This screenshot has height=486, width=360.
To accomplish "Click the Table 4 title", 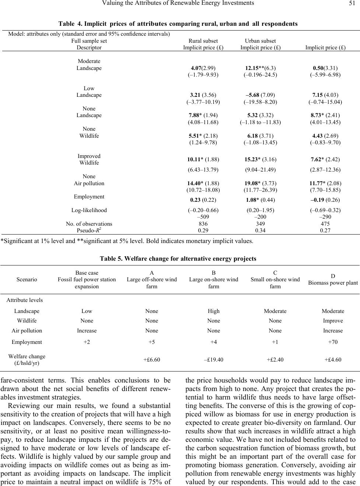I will pos(178,24).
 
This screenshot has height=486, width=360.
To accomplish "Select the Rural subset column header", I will pos(203,41).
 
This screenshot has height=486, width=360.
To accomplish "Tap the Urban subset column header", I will pos(260,41).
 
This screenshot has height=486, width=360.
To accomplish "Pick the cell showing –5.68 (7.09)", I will pos(260,95).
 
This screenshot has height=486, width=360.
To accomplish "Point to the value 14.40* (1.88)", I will pos(203,183).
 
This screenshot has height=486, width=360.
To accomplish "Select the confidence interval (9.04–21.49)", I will pos(260,170).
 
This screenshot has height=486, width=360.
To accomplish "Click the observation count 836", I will pos(203,224).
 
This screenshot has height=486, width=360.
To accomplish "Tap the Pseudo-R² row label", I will pos(89,230).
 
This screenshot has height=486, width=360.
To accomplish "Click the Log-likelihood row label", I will pos(89,210).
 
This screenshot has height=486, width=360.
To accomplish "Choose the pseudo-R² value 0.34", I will pos(260,230).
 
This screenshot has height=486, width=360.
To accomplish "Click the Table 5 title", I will pos(178,258).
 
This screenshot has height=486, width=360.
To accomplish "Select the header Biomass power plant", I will pos(333,283).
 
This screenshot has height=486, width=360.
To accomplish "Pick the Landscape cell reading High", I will pos(213,311).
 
